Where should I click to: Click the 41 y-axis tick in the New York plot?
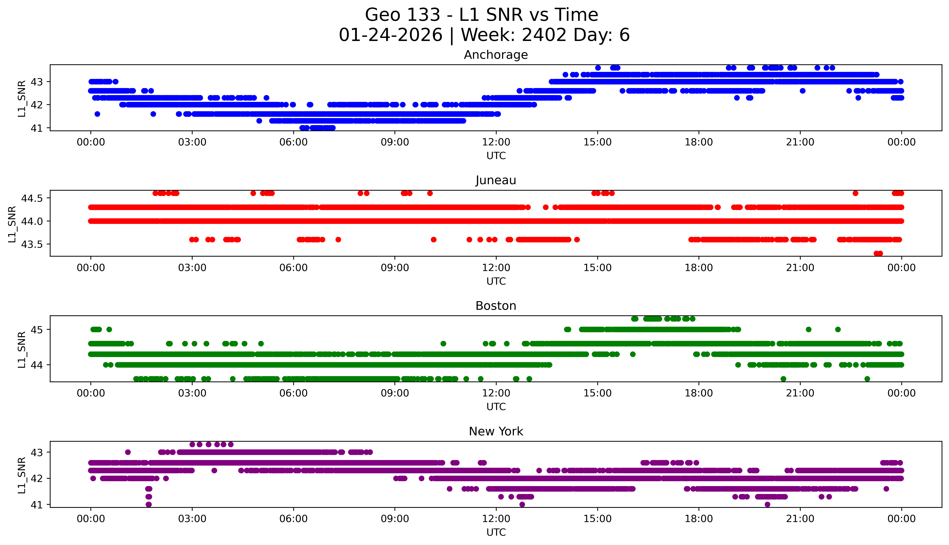[37, 505]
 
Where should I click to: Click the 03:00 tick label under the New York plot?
[192, 519]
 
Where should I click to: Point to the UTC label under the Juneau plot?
[496, 281]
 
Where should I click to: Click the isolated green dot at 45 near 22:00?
[838, 329]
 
